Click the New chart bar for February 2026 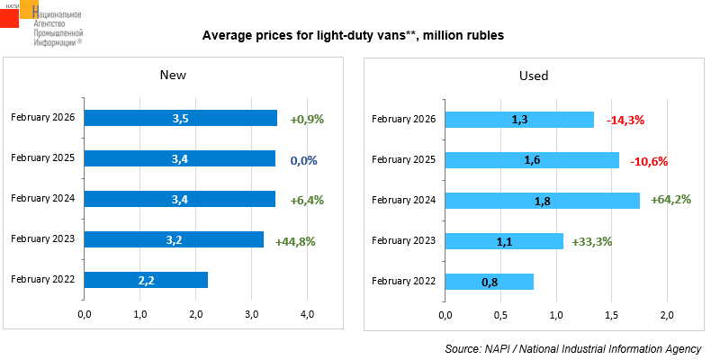(180, 118)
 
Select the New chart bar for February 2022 (146, 280)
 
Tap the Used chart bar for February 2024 (542, 200)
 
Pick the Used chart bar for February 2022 (490, 282)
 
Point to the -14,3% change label (625, 119)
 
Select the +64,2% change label (670, 200)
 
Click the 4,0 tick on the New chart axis (307, 314)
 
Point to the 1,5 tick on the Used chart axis (612, 314)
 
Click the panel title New (173, 76)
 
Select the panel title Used (534, 76)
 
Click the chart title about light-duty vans (353, 36)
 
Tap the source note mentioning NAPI (573, 348)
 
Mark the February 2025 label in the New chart (43, 158)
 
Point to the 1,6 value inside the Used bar (533, 160)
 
